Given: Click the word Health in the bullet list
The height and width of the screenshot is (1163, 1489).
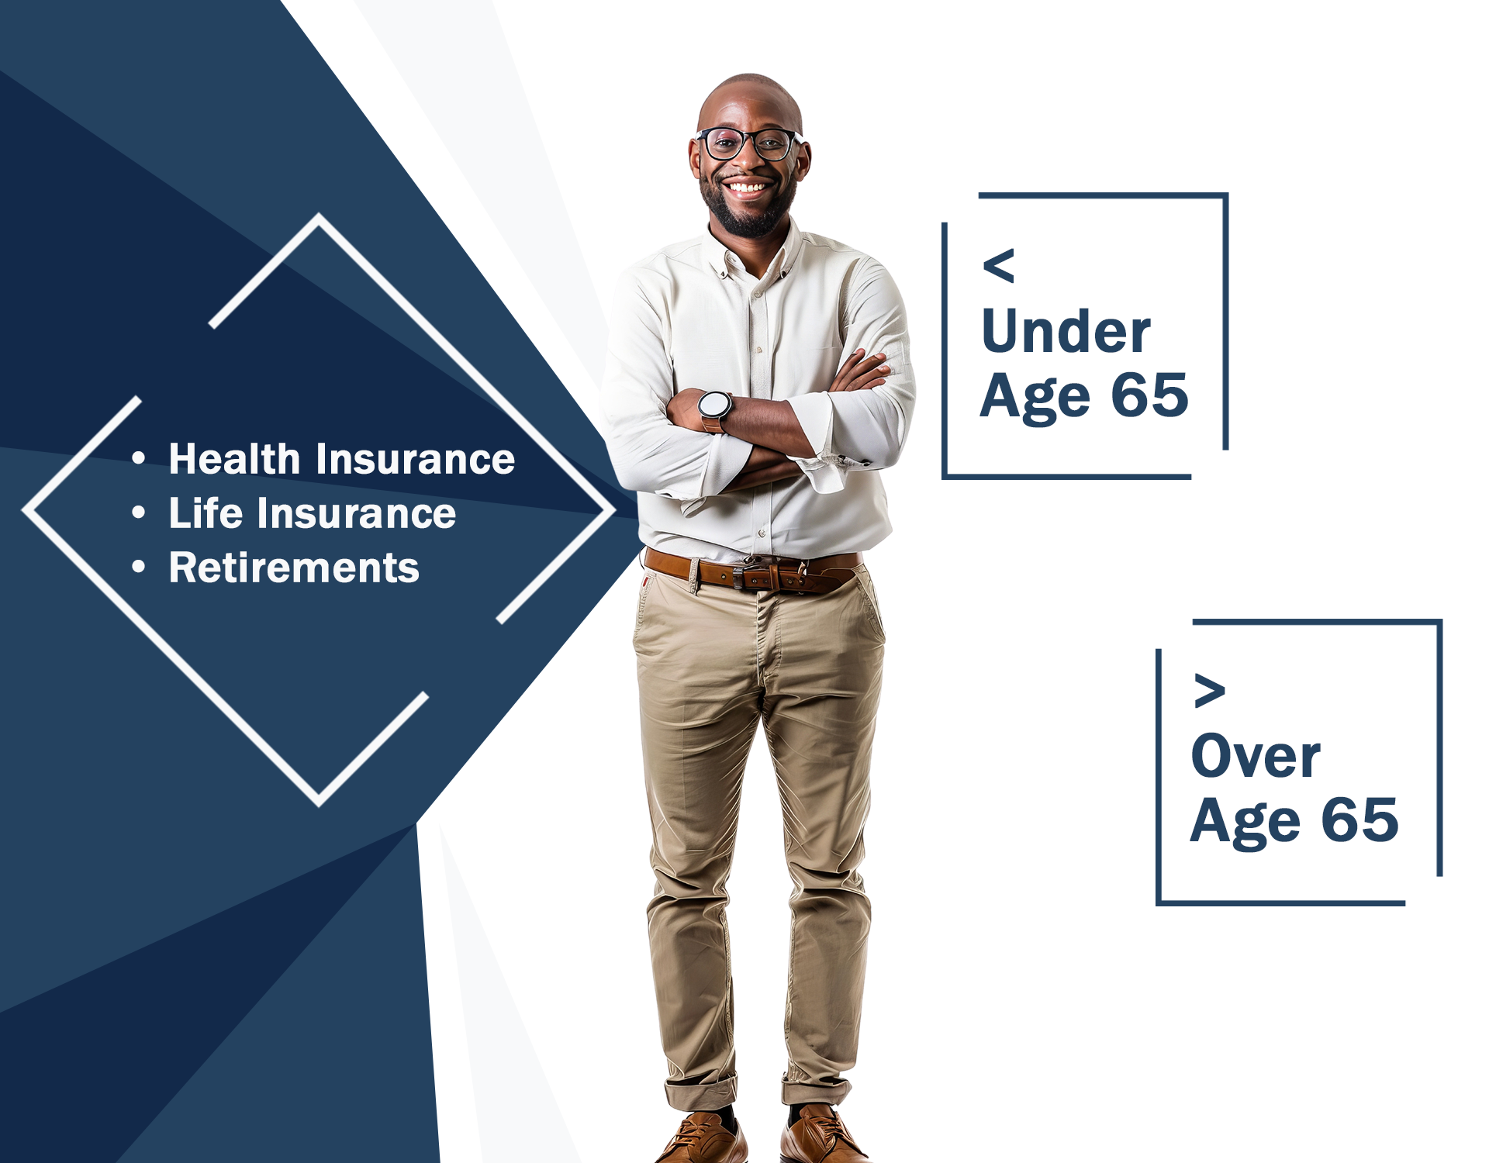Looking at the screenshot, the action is coord(234,458).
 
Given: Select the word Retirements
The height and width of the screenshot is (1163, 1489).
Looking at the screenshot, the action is coord(294,567).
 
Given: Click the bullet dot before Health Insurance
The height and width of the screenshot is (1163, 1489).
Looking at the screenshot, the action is coord(139,459).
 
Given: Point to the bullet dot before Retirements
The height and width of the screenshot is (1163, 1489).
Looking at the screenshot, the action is coord(139,568).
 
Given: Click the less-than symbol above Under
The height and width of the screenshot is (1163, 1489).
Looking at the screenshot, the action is coord(999,266).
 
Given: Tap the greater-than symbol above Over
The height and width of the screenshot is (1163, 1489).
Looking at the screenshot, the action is coord(1210,690).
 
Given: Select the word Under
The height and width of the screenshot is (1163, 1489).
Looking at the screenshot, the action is coord(1066,332).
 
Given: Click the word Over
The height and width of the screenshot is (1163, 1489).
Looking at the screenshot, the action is coord(1256,756).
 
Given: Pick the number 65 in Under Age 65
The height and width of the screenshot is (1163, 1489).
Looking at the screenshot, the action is coord(1150,395).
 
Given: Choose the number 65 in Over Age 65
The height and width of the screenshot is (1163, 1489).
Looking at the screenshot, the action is coord(1360,820).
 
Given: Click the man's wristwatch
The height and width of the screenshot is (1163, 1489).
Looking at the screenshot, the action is coord(714,409).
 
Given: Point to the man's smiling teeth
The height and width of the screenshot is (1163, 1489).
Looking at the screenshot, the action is coord(747,188).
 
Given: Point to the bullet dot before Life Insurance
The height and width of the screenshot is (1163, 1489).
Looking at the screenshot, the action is coord(139,513).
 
